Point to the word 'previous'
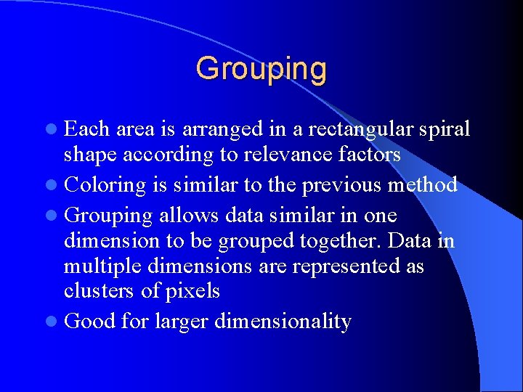coord(341,185)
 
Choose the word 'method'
coord(423,185)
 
